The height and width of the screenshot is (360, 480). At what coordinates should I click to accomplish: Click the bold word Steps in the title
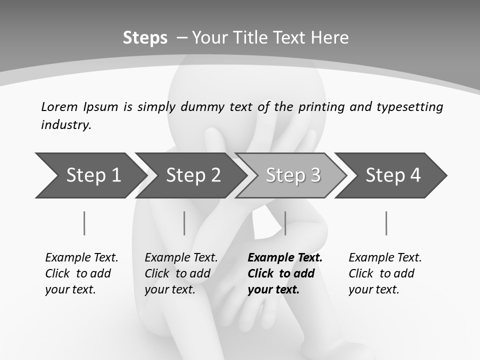coord(145,38)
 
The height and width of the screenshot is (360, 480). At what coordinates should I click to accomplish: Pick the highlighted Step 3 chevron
coord(293,175)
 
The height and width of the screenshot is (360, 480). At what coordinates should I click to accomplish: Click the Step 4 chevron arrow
coord(393,175)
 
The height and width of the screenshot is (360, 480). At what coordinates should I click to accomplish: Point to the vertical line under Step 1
coord(84,223)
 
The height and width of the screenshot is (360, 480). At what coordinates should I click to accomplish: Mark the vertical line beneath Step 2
coord(184,223)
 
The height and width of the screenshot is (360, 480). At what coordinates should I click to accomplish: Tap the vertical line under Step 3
coord(285,223)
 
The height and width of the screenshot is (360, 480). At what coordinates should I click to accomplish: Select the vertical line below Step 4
coord(386,223)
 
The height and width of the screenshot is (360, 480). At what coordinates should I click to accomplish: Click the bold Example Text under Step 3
coord(285,258)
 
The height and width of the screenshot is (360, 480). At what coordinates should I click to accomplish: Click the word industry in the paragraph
coord(66,125)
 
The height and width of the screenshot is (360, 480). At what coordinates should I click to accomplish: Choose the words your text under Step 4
coord(373,289)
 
